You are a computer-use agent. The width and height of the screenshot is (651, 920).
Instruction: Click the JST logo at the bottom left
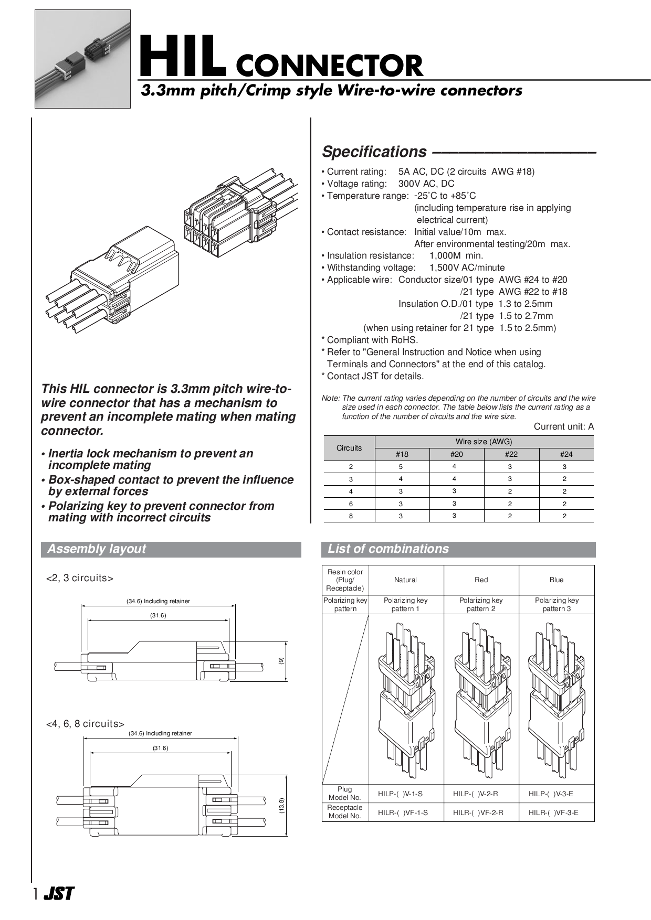tap(59, 894)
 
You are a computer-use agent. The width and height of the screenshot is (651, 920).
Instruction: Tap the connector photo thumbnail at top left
tap(82, 59)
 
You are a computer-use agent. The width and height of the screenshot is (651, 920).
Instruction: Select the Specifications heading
tap(374, 152)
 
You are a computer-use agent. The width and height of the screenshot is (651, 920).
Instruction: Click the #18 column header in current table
tap(402, 454)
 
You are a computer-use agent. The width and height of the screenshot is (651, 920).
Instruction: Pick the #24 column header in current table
tap(566, 454)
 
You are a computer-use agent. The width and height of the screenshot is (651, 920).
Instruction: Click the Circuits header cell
tap(349, 448)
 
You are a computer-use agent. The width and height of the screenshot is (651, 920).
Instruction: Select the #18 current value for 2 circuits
tap(401, 466)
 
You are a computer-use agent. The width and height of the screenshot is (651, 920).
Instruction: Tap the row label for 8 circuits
tap(351, 516)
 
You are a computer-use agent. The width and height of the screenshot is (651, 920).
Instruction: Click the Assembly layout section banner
tap(171, 549)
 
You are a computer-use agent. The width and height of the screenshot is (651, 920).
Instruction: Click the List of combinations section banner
tap(458, 549)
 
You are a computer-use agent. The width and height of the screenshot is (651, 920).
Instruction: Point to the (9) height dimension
tap(281, 661)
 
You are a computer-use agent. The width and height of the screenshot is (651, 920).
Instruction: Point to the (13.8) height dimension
tap(281, 806)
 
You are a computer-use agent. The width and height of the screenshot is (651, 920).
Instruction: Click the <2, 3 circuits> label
tap(80, 578)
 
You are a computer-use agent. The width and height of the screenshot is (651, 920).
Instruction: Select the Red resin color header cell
tap(481, 580)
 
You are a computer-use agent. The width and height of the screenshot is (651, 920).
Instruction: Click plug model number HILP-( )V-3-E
tap(553, 794)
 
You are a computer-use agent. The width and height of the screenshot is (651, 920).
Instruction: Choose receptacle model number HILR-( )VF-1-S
tap(403, 812)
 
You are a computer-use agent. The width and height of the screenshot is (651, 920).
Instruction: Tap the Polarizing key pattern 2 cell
tap(481, 604)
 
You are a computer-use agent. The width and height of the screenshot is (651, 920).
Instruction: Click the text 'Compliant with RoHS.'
tap(372, 340)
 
